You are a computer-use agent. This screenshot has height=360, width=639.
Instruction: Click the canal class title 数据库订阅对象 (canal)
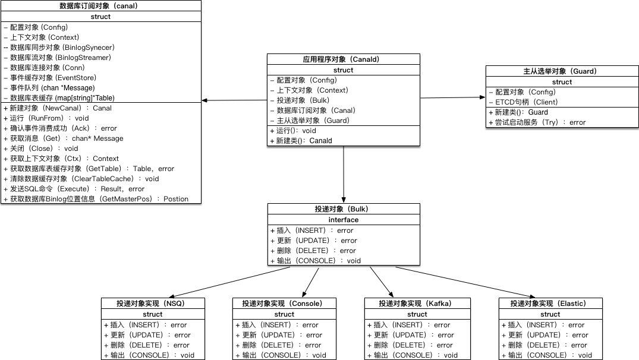coord(100,6)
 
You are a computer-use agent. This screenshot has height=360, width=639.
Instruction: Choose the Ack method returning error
coord(63,128)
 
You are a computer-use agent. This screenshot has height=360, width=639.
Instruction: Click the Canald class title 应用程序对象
coord(343,59)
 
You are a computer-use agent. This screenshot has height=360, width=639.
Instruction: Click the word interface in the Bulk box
coord(343,220)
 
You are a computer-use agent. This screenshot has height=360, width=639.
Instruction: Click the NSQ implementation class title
coord(153,304)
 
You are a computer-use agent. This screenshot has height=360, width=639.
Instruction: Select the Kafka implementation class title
coord(417,304)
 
